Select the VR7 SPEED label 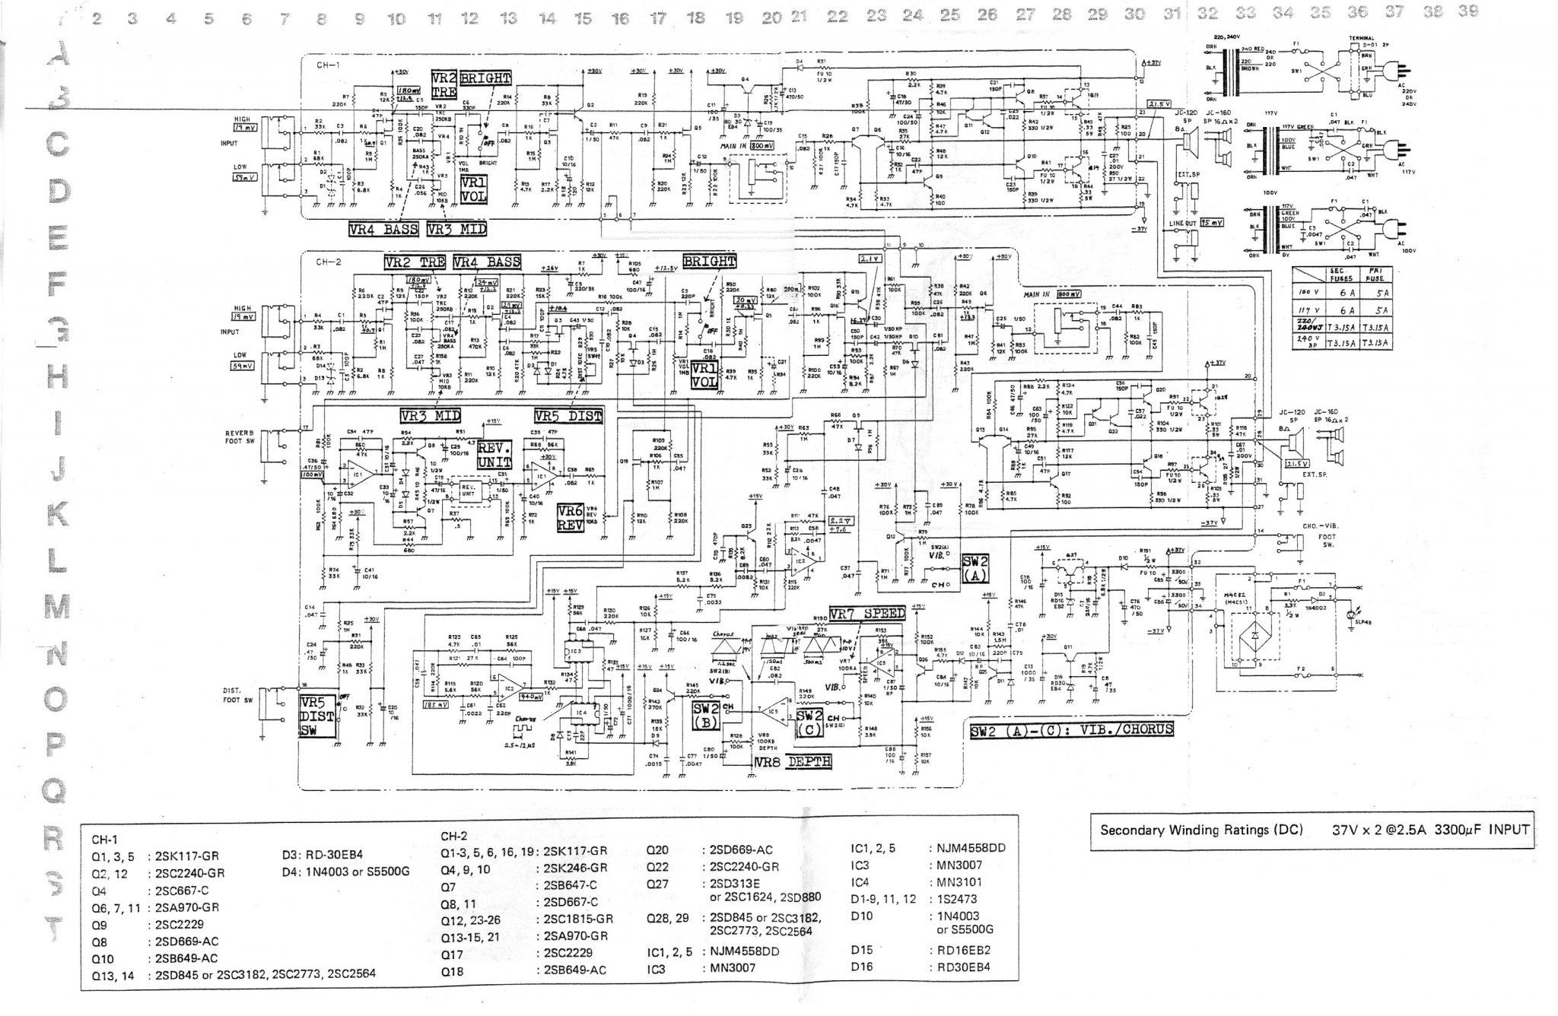click(x=867, y=614)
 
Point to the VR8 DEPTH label click(x=793, y=761)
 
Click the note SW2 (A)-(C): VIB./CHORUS click(x=1071, y=729)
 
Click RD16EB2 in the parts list click(x=960, y=950)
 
